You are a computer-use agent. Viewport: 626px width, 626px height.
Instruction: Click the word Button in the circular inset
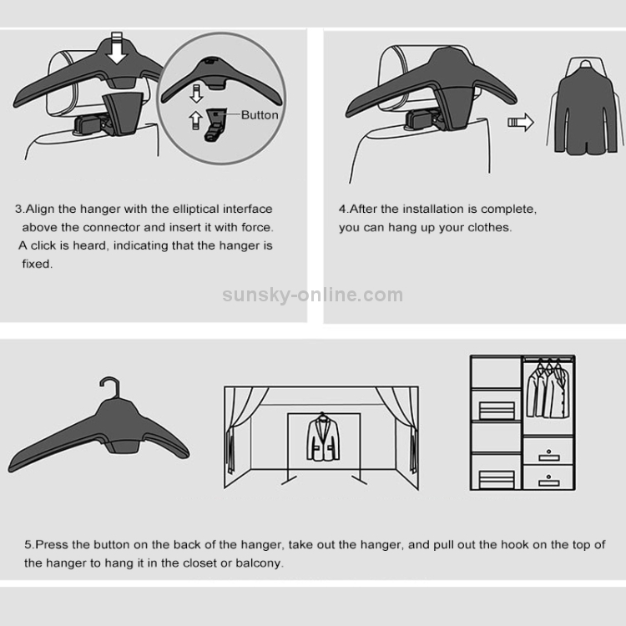click(x=260, y=115)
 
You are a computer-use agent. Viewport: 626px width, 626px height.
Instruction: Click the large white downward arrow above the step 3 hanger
click(x=117, y=48)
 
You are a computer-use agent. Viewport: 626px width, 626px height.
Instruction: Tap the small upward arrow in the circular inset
click(x=195, y=120)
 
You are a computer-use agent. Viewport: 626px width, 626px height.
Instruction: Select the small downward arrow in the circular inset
click(x=196, y=93)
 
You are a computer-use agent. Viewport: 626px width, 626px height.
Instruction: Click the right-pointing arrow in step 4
click(x=521, y=122)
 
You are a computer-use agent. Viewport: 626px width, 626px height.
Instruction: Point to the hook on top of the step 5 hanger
click(x=110, y=386)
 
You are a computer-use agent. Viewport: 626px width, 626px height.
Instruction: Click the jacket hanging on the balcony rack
click(x=323, y=438)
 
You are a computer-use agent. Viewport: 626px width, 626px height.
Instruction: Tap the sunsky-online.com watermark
click(x=313, y=295)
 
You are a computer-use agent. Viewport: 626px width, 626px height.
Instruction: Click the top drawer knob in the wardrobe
click(x=548, y=452)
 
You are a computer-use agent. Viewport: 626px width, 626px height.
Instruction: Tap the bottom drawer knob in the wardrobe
click(x=548, y=477)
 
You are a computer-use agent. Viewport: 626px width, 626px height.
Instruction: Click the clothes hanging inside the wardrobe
click(x=548, y=391)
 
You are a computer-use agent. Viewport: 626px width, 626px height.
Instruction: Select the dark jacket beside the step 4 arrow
click(x=585, y=108)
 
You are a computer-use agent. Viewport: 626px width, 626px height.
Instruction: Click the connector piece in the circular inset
click(x=215, y=124)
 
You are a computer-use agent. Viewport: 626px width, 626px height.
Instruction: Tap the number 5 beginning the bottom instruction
click(x=28, y=545)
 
